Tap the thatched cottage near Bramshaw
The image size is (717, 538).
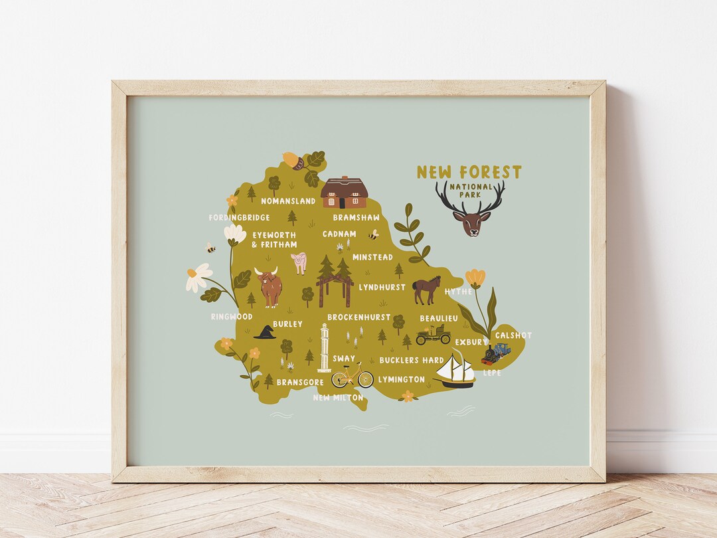[344, 193]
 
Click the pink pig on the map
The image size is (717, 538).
[299, 262]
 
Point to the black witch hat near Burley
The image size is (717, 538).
[265, 332]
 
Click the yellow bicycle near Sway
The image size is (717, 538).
[353, 377]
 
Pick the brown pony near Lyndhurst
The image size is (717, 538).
[426, 290]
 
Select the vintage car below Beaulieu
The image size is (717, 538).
[433, 335]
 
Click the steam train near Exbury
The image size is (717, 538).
[496, 353]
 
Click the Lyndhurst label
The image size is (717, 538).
[382, 288]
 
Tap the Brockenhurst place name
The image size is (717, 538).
[358, 317]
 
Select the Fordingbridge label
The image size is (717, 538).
[239, 217]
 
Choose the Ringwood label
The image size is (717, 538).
[232, 317]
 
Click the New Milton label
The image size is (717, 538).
[338, 397]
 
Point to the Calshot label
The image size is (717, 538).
[513, 335]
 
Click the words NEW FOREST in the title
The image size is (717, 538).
[469, 173]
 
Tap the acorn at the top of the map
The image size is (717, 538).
[292, 160]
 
